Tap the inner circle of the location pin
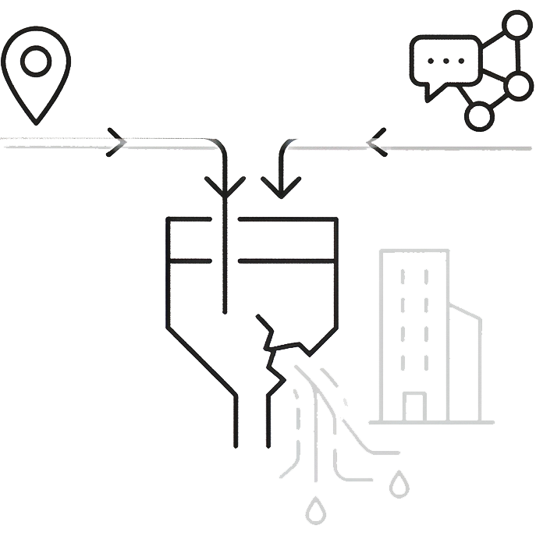(35, 61)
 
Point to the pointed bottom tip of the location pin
(35, 122)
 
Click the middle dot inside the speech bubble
(445, 60)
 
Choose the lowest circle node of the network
(479, 116)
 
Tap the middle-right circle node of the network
(518, 85)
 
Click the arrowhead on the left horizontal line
(117, 142)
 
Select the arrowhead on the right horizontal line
(377, 142)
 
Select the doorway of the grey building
(414, 406)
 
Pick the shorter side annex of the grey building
(466, 363)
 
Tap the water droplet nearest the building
(399, 483)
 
